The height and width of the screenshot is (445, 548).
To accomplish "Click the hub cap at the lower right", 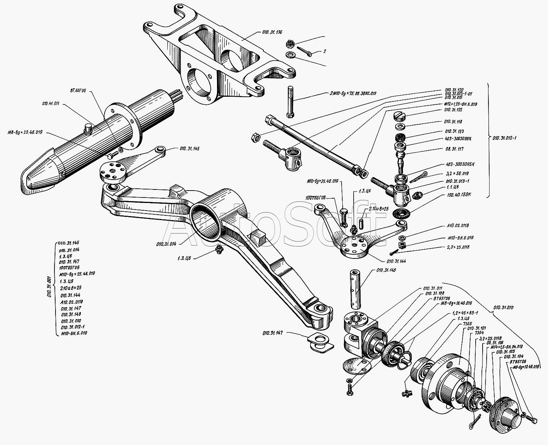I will click(x=508, y=413).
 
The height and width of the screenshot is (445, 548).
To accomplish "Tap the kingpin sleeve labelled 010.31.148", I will click(x=356, y=288).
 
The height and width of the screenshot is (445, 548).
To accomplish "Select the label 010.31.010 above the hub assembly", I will click(x=503, y=308).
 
